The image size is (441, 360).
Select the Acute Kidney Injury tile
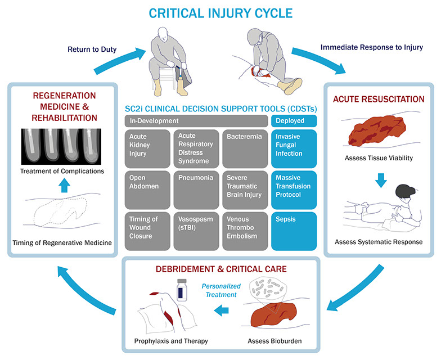pos(147,148)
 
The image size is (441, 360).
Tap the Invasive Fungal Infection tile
pos(294,148)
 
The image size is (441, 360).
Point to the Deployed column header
pos(294,121)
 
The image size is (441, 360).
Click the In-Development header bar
pos(196,121)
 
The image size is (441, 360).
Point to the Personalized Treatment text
pos(220,290)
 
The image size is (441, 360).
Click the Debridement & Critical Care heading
pos(220,269)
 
